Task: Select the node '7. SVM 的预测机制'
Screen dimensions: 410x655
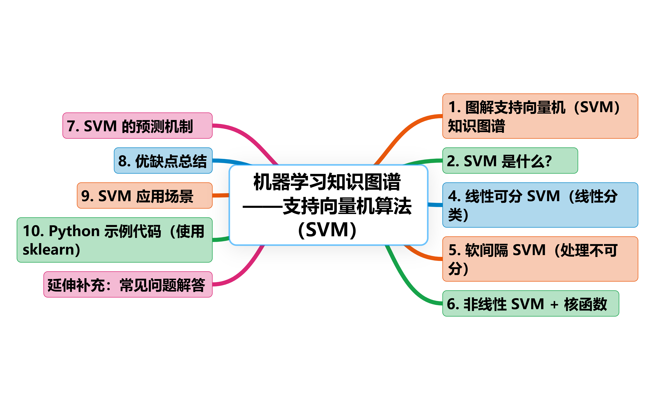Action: coord(137,126)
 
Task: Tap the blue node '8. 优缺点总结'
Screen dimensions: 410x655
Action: coord(163,161)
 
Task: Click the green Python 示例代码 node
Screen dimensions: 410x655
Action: coord(114,240)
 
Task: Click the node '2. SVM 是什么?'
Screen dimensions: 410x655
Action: coord(510,161)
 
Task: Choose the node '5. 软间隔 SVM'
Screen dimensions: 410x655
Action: coord(540,259)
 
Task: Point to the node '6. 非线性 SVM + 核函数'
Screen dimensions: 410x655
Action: coord(531,304)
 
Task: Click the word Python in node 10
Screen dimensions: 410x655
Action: coord(74,231)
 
